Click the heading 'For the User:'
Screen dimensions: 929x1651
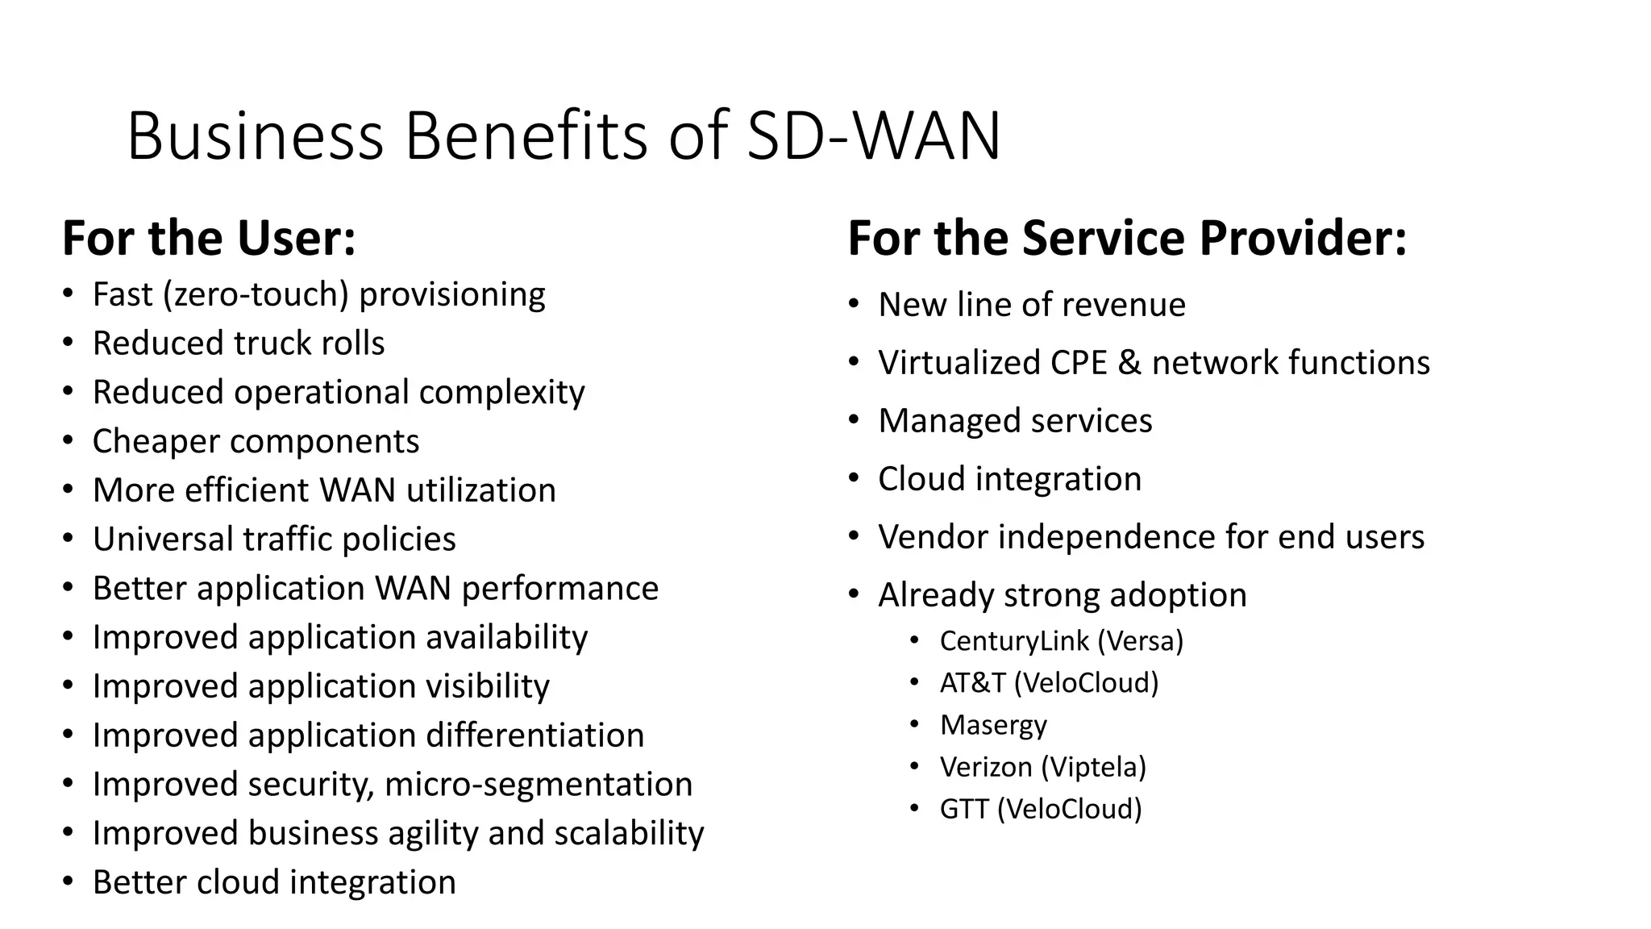[x=209, y=239]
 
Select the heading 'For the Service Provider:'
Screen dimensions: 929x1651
[x=1127, y=239]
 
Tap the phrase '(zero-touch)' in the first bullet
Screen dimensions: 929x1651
[x=256, y=295]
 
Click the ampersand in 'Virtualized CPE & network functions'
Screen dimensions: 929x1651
[x=1129, y=363]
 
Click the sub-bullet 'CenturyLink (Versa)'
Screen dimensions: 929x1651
[x=1061, y=641]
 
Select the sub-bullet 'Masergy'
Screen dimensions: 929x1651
[x=993, y=725]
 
